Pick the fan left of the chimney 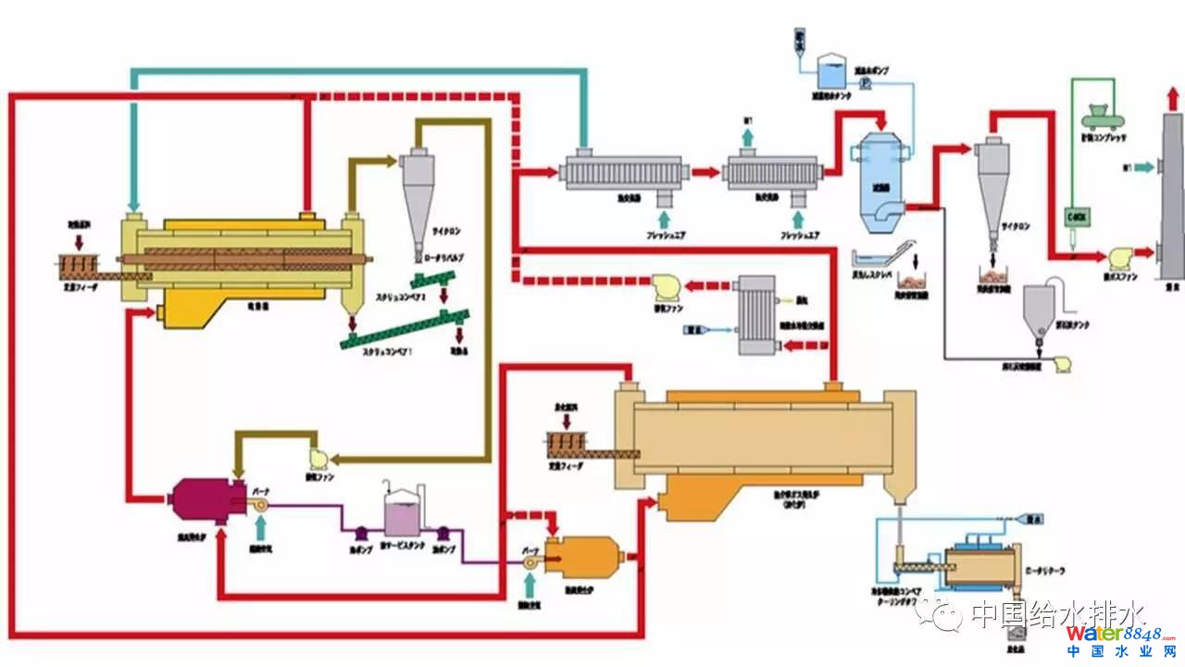[x=1118, y=257]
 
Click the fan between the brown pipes [x=316, y=457]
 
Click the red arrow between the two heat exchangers [x=706, y=171]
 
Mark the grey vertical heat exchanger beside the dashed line [x=759, y=315]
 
